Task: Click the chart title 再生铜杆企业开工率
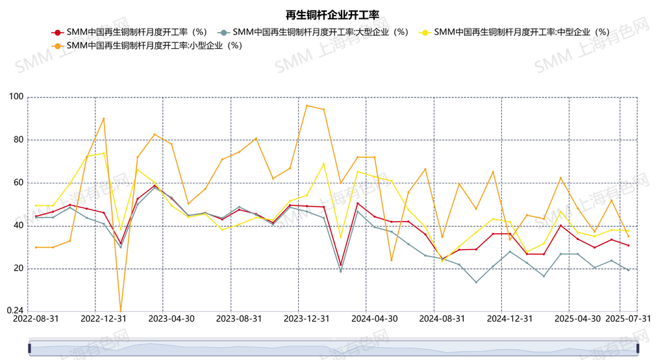click(x=332, y=15)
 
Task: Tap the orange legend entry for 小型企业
click(x=147, y=45)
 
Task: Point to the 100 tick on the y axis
click(x=16, y=97)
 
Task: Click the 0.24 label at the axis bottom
click(x=14, y=311)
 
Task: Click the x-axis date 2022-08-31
click(x=35, y=319)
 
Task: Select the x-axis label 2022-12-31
click(x=103, y=319)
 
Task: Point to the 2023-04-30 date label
click(x=171, y=319)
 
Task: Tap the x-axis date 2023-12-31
click(x=307, y=319)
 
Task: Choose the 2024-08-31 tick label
click(x=442, y=319)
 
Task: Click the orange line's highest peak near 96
click(x=307, y=105)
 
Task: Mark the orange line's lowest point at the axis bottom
click(x=120, y=311)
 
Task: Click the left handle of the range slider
click(x=29, y=349)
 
